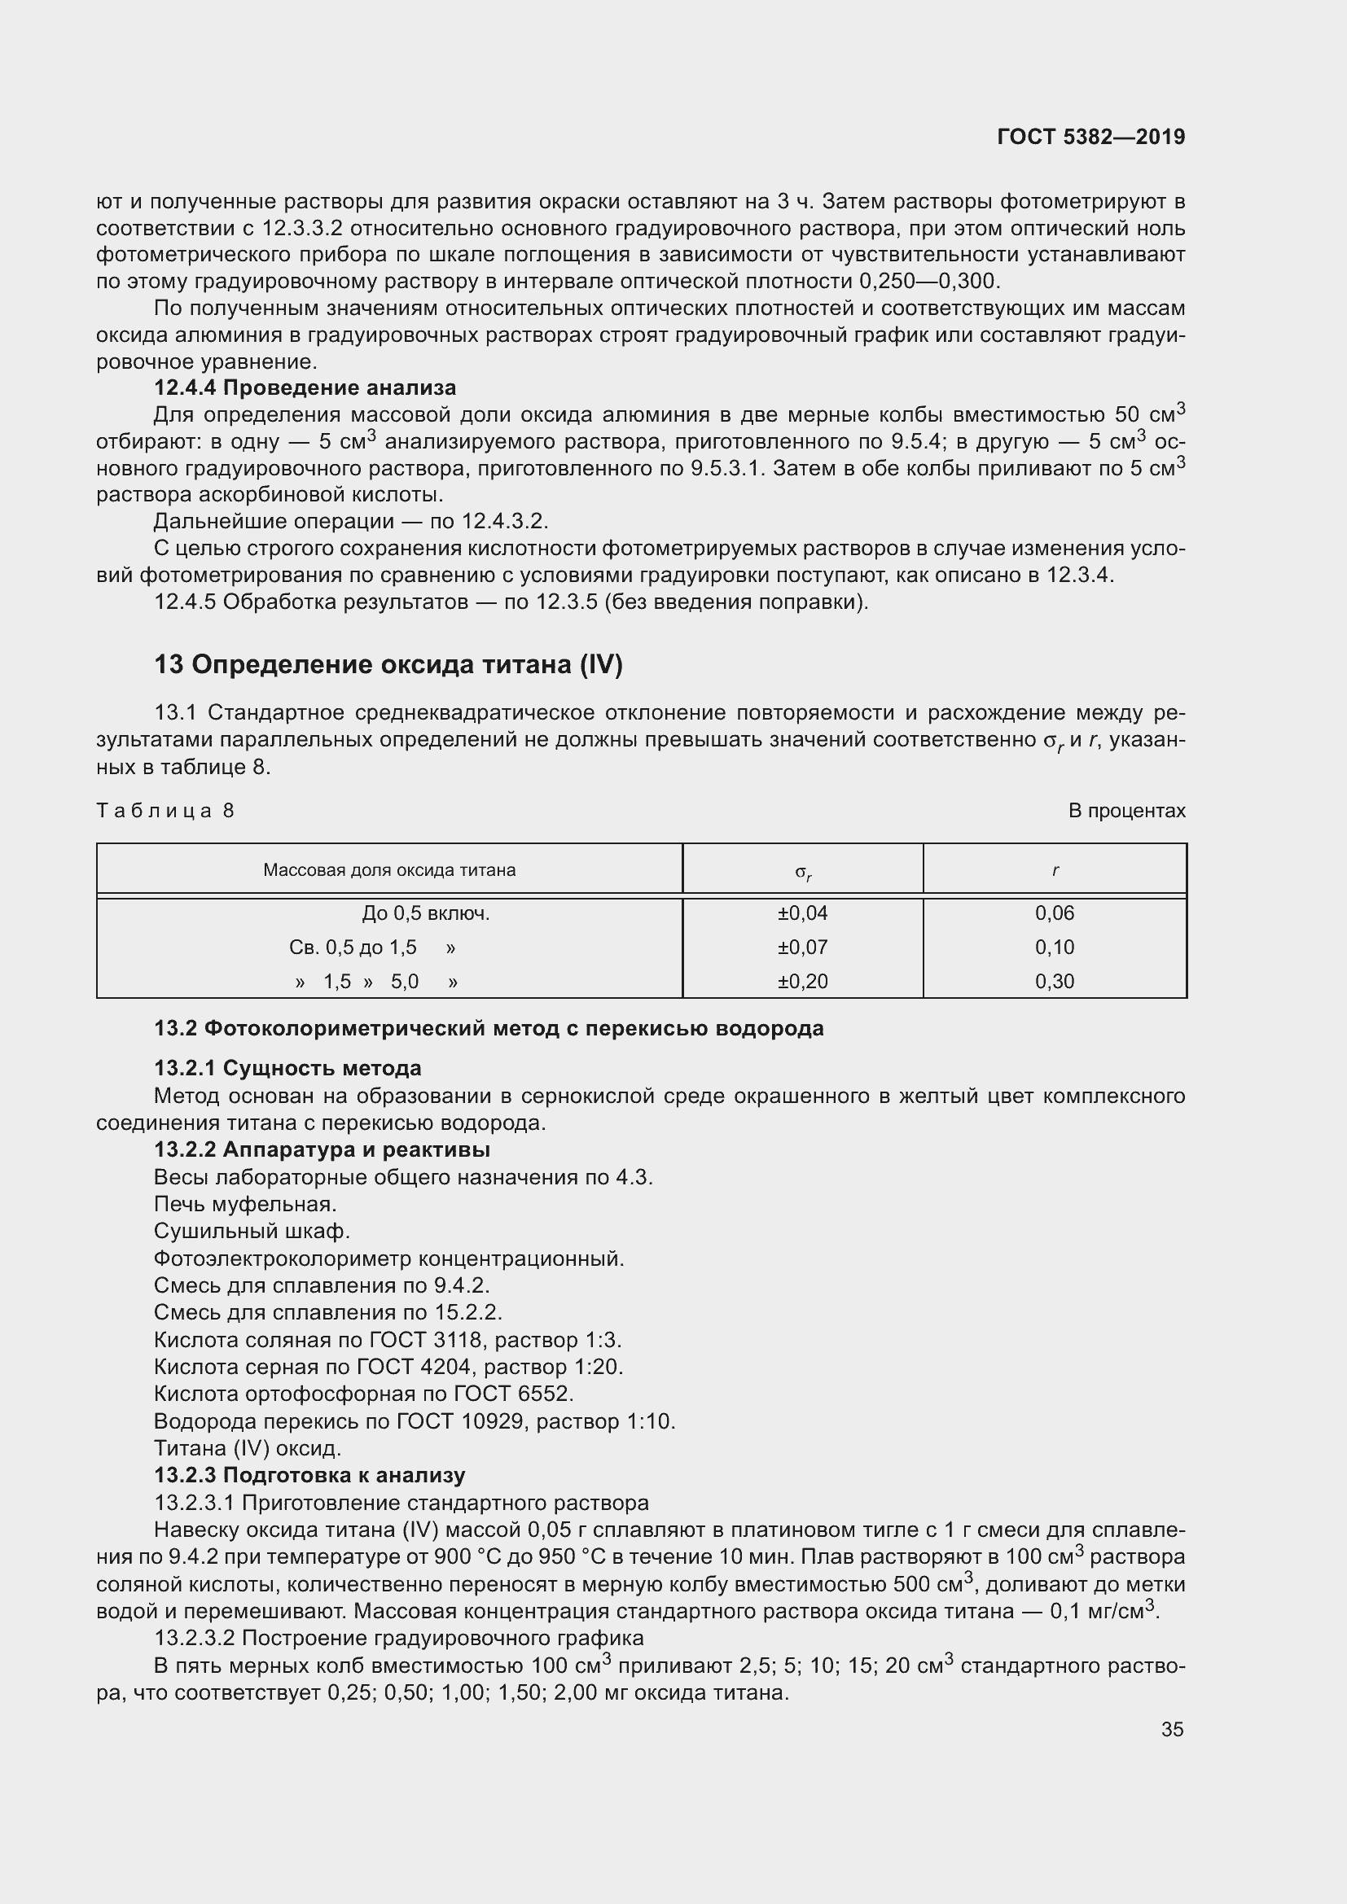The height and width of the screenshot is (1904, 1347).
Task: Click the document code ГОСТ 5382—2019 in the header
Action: pyautogui.click(x=1090, y=137)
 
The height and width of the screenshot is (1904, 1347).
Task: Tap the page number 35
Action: pyautogui.click(x=1172, y=1729)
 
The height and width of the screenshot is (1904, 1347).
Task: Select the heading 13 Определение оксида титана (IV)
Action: pyautogui.click(x=388, y=664)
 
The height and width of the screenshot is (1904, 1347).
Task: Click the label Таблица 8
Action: pyautogui.click(x=166, y=810)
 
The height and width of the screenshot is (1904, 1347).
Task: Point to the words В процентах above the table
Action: pyautogui.click(x=1126, y=810)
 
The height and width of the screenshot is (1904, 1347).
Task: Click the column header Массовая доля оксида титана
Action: pyautogui.click(x=389, y=870)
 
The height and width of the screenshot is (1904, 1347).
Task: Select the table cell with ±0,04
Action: pyautogui.click(x=802, y=913)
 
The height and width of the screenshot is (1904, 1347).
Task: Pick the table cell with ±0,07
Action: pyautogui.click(x=802, y=947)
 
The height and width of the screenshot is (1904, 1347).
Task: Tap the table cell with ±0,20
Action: pyautogui.click(x=802, y=981)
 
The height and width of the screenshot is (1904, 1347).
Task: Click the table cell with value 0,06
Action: pyautogui.click(x=1054, y=913)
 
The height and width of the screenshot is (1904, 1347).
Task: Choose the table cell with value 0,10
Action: pyautogui.click(x=1054, y=947)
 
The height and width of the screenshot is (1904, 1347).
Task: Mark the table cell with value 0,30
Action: pyautogui.click(x=1054, y=981)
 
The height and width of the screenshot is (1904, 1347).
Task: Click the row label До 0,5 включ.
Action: pyautogui.click(x=425, y=913)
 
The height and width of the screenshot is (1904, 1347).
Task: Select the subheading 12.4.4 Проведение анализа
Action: pyautogui.click(x=305, y=387)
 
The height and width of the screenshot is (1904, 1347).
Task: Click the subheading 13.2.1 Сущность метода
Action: pyautogui.click(x=287, y=1068)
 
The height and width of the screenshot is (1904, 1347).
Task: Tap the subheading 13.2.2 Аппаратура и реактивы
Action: pyautogui.click(x=322, y=1149)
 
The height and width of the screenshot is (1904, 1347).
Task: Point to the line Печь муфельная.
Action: pyautogui.click(x=245, y=1203)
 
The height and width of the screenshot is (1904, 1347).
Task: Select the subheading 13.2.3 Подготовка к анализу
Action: pyautogui.click(x=309, y=1475)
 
